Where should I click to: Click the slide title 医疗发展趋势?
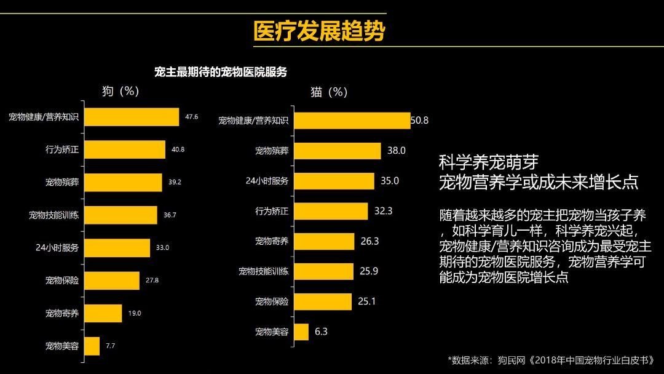tap(319, 31)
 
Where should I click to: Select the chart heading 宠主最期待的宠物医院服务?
tap(221, 72)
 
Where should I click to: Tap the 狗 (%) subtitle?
tap(121, 91)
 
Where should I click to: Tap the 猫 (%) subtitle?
tap(329, 92)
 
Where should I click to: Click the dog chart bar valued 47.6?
tap(131, 117)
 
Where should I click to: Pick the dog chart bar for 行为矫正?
tap(124, 149)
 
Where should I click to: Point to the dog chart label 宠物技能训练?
tap(53, 215)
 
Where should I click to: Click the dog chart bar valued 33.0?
tap(116, 248)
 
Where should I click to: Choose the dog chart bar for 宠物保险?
tap(111, 280)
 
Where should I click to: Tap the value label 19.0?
tap(135, 313)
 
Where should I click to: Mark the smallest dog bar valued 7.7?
tap(91, 346)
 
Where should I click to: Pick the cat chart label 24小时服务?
tap(267, 181)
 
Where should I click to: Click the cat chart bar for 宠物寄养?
tap(324, 241)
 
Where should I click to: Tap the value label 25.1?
tap(366, 301)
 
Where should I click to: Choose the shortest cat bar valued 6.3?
tap(301, 332)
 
